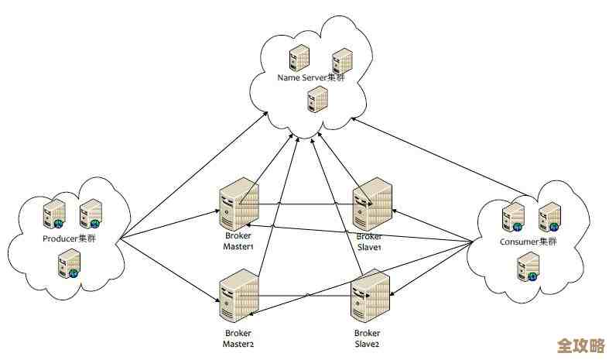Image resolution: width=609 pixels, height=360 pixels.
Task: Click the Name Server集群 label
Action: point(311,78)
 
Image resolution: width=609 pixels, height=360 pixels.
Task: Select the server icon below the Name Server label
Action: point(316,98)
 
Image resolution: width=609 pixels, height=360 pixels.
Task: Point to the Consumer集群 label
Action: point(529,242)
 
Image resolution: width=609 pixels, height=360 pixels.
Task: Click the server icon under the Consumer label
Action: point(527,267)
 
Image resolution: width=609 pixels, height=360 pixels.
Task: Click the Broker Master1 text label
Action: point(238,241)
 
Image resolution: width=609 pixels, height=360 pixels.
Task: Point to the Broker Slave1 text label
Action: point(368,241)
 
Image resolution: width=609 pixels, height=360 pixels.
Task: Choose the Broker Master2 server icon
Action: point(238,297)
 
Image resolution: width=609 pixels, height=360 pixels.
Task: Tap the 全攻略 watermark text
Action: point(580,344)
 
